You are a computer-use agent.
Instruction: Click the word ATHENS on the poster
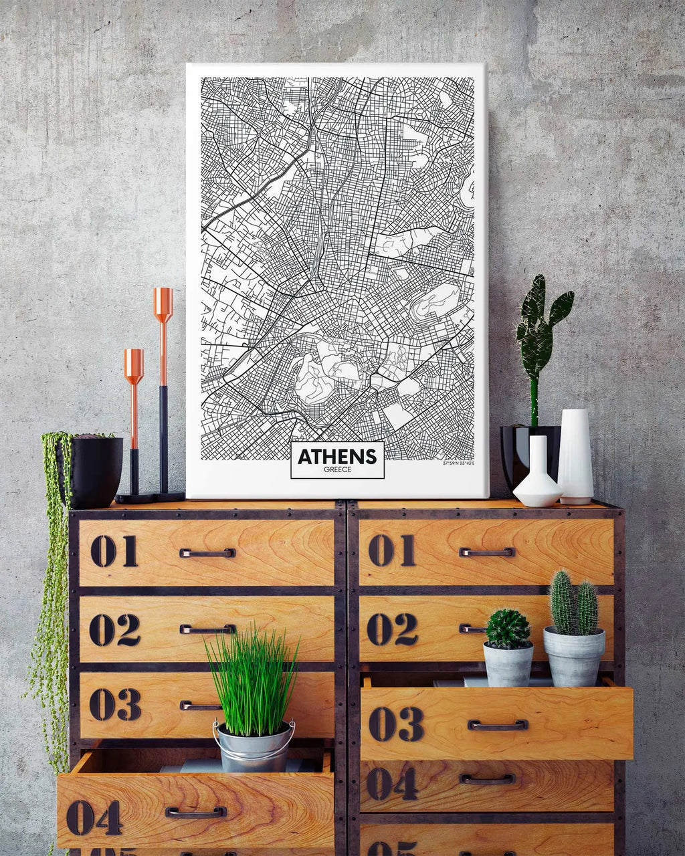337,456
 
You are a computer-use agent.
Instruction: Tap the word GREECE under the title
337,469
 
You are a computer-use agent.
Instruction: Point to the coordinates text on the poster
458,463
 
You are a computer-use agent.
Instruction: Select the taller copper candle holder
163,388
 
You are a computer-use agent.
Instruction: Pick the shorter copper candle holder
134,415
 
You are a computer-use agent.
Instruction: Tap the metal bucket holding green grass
254,746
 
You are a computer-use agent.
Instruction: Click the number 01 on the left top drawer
114,552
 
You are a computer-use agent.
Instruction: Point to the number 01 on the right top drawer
391,550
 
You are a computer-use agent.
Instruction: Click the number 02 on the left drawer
114,629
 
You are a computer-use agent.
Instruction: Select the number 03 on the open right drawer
396,724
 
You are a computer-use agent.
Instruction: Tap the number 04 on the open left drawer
94,817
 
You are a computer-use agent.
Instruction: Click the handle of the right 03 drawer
497,724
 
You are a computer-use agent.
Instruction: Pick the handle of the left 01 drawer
207,553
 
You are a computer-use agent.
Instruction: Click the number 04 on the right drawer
392,783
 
